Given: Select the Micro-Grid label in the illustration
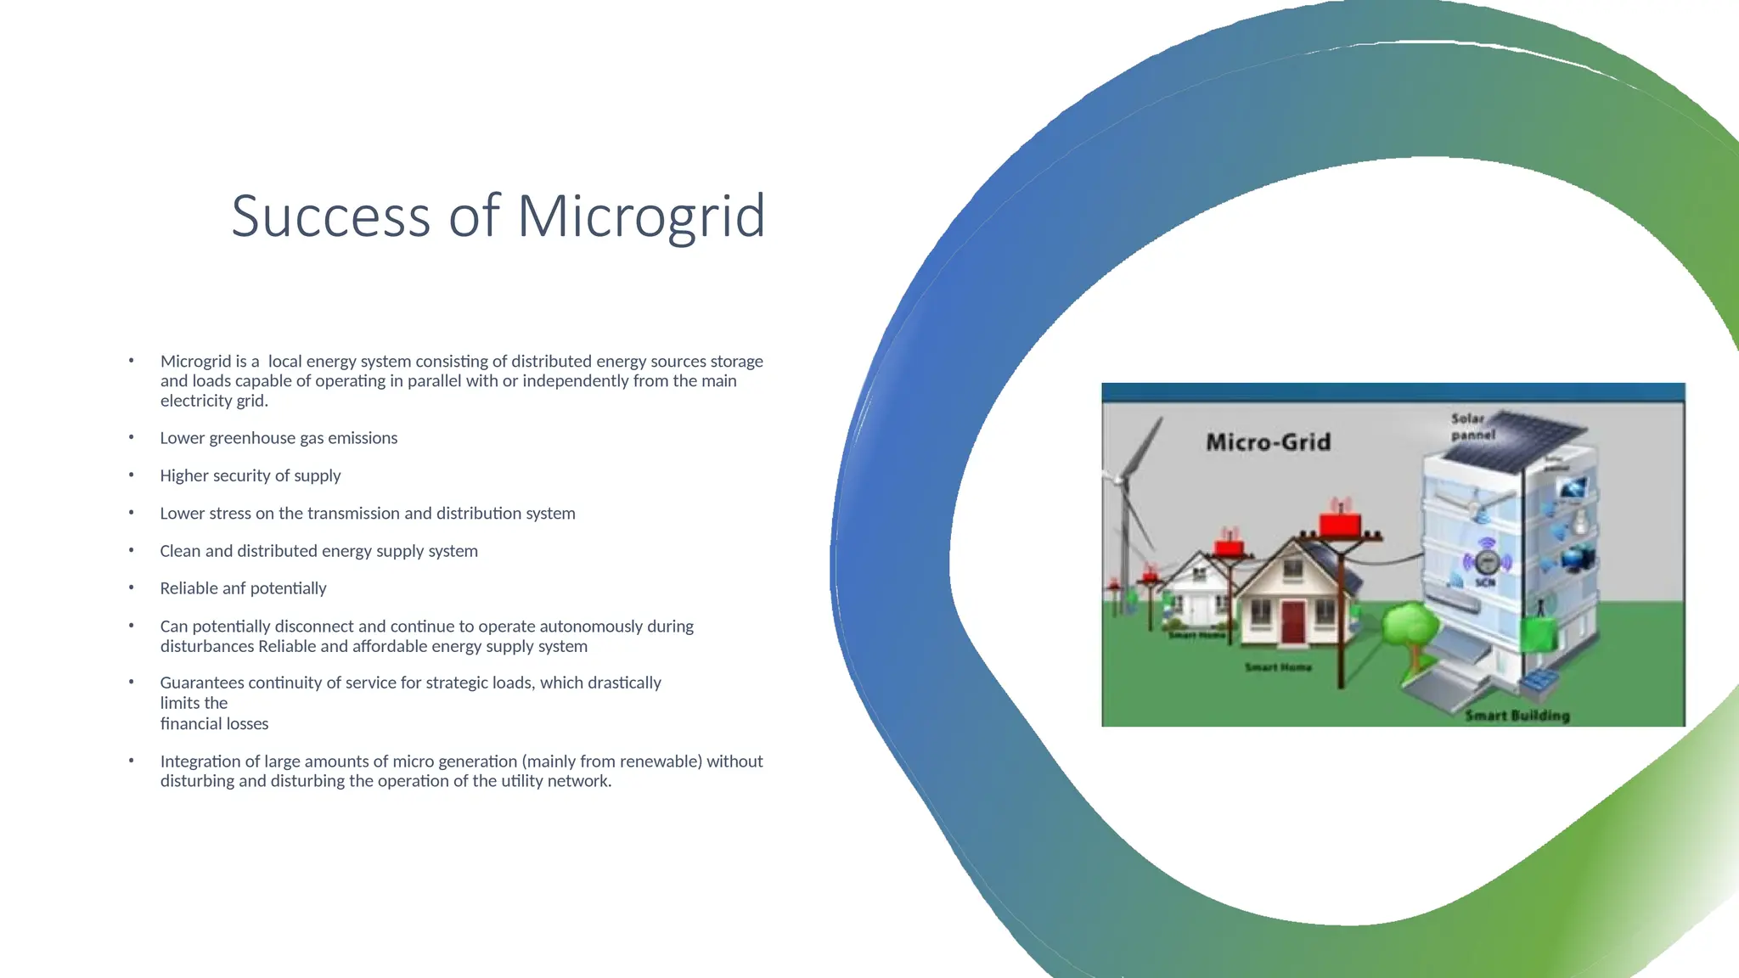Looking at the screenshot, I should pyautogui.click(x=1268, y=442).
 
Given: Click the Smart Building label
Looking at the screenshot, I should pyautogui.click(x=1517, y=716).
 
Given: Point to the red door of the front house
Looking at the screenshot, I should pyautogui.click(x=1292, y=621).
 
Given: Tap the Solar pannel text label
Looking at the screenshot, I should pyautogui.click(x=1472, y=426).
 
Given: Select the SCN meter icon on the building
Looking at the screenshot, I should pyautogui.click(x=1486, y=562).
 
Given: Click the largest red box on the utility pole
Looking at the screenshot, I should pyautogui.click(x=1340, y=523).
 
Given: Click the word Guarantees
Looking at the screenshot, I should pyautogui.click(x=202, y=683).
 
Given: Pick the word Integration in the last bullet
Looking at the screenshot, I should pyautogui.click(x=200, y=762).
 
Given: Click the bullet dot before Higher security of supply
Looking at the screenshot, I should pyautogui.click(x=132, y=475).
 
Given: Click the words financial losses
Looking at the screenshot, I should pyautogui.click(x=214, y=724).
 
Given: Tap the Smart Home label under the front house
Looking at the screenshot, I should pyautogui.click(x=1278, y=667).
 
